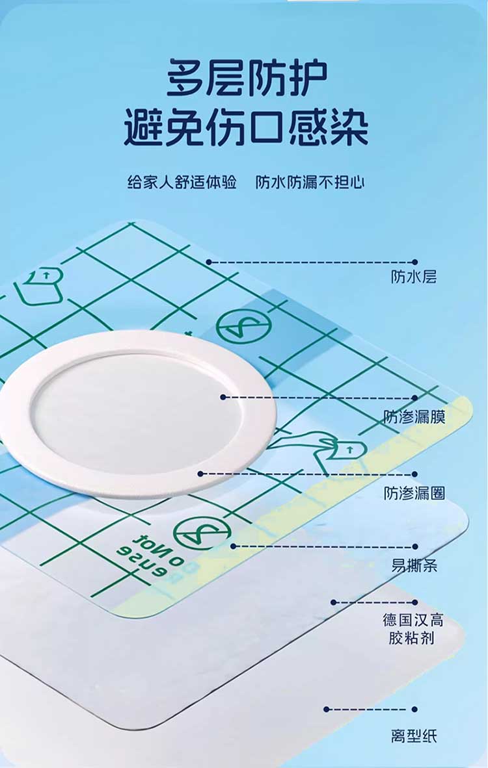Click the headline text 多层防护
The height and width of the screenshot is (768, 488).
click(x=247, y=77)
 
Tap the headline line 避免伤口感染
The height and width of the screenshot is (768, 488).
click(x=246, y=128)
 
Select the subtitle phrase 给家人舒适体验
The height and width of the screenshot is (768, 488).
click(x=182, y=182)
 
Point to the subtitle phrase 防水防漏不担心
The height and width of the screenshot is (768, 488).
click(x=310, y=182)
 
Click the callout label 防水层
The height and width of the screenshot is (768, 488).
click(x=413, y=277)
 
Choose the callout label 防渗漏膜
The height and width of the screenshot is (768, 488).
click(x=414, y=417)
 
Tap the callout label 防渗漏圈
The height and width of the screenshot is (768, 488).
click(x=414, y=493)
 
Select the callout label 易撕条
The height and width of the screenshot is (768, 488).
click(x=414, y=566)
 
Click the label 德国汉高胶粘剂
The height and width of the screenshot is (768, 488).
click(x=413, y=629)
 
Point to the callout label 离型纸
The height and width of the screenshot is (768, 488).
click(x=413, y=736)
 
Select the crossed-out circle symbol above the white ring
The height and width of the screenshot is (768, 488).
click(x=244, y=326)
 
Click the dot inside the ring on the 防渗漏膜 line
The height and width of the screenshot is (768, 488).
click(x=223, y=397)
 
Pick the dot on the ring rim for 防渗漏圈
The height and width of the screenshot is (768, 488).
click(x=200, y=474)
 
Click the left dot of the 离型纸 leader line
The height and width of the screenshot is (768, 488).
click(x=326, y=709)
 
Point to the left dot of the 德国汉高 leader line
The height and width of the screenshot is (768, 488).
click(x=334, y=602)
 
